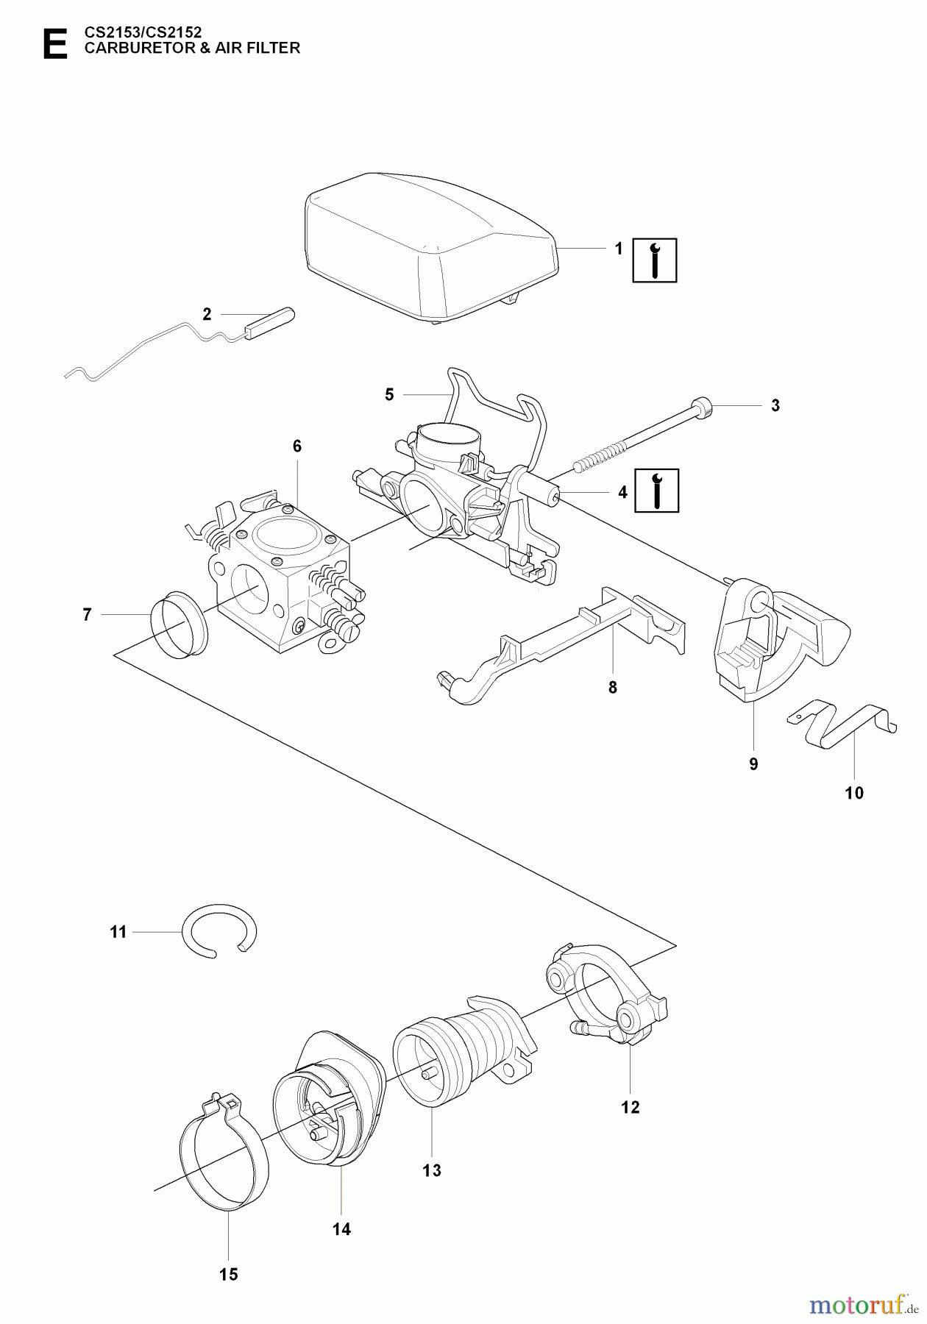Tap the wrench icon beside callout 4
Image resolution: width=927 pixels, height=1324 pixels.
(656, 490)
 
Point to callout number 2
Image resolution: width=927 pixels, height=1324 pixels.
(207, 314)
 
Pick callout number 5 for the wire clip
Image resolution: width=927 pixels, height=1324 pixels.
(389, 394)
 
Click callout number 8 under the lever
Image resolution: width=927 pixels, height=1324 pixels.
(612, 688)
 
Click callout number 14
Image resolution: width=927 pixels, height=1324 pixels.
(341, 1228)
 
